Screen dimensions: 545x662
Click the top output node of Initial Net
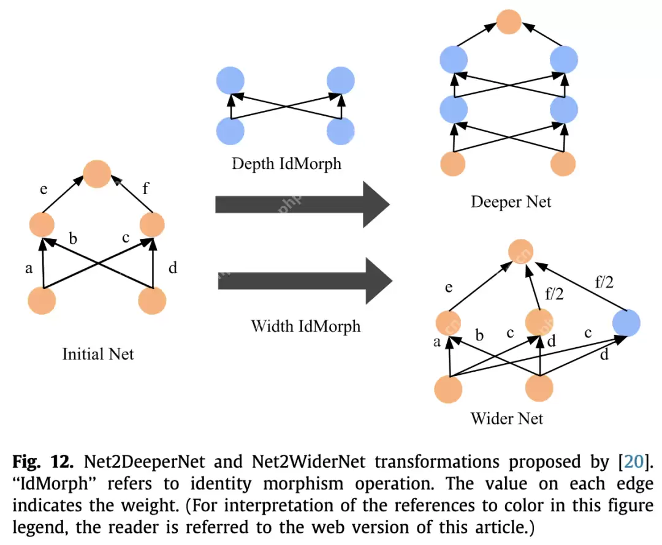pyautogui.click(x=97, y=173)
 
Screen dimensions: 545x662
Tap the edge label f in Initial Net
pyautogui.click(x=145, y=188)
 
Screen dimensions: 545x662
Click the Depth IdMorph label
pyautogui.click(x=286, y=164)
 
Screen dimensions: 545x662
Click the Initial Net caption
pyautogui.click(x=98, y=353)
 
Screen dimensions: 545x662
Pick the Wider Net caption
pyautogui.click(x=506, y=419)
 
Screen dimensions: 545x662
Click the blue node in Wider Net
pyautogui.click(x=626, y=323)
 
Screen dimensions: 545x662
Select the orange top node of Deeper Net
pyautogui.click(x=508, y=21)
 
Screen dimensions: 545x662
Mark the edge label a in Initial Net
pyautogui.click(x=28, y=268)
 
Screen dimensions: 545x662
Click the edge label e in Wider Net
pyautogui.click(x=449, y=287)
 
